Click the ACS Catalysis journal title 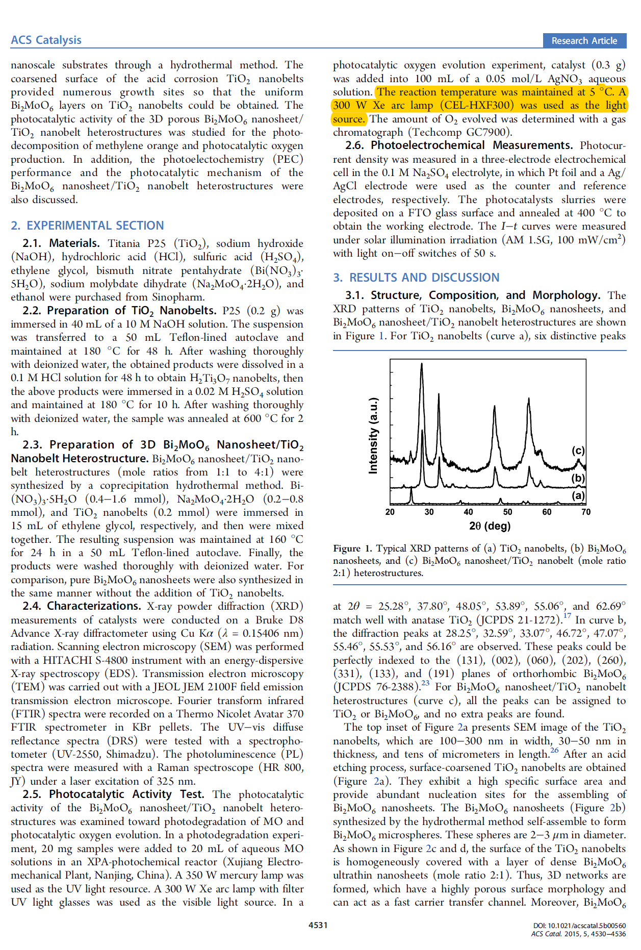point(46,40)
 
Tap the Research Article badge point(584,41)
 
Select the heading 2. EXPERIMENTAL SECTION point(87,226)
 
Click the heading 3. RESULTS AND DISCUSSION point(416,278)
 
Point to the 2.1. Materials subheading point(61,243)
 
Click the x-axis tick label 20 point(390,512)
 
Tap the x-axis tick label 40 point(468,512)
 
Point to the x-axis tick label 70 point(586,512)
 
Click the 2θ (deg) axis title point(490,526)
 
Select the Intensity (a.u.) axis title point(373,435)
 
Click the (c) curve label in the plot point(578,451)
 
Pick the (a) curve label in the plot point(578,495)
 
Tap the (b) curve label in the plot point(578,478)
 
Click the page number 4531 point(318,925)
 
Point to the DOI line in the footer point(579,926)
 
